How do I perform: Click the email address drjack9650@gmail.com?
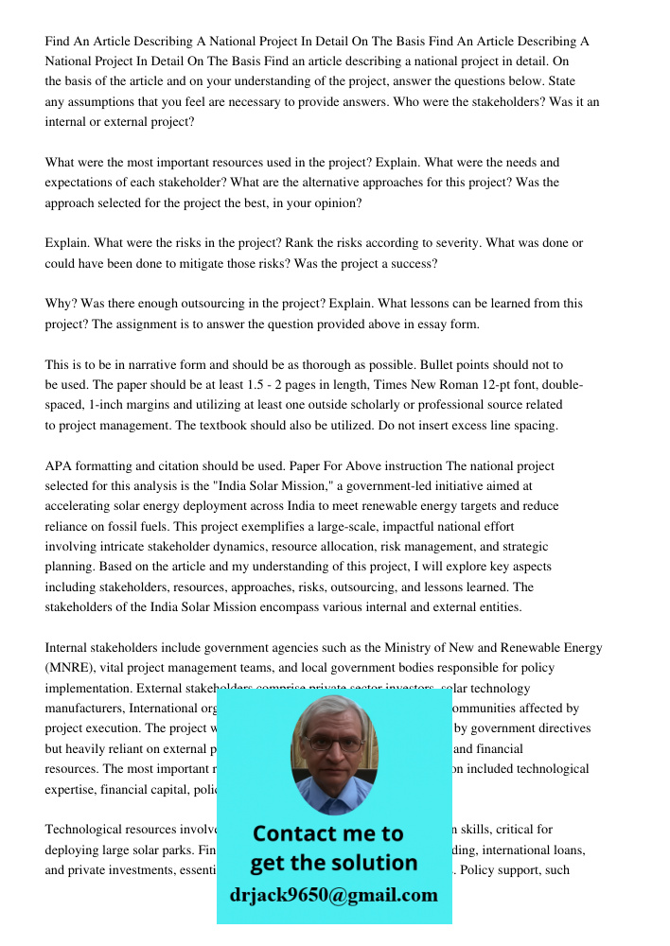click(333, 895)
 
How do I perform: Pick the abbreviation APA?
click(59, 465)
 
